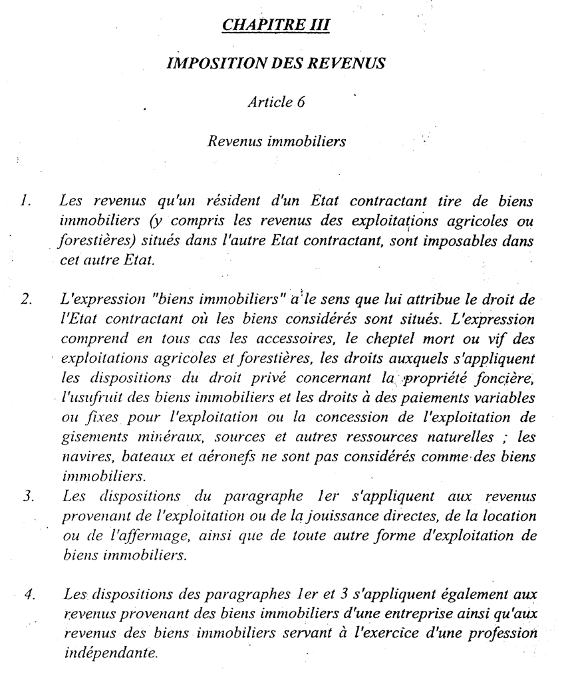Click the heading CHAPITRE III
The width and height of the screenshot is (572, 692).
pos(276,25)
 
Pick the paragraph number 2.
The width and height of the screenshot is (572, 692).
pos(27,300)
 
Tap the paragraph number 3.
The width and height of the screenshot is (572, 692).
pos(27,495)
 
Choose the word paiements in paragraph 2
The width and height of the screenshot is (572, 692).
pos(411,399)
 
